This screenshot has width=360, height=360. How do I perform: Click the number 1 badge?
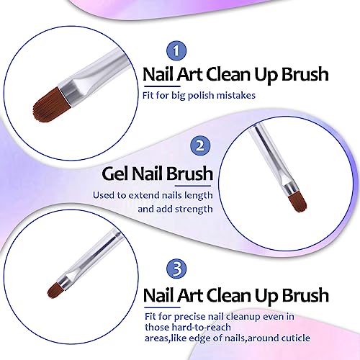point(176,51)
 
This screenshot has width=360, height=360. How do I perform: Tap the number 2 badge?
point(200,145)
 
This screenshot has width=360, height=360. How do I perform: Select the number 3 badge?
point(176,269)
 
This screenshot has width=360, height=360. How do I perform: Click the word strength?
point(194,209)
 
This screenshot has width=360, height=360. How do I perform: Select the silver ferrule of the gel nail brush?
point(291,188)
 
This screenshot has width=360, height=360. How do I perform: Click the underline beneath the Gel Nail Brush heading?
point(193,186)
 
